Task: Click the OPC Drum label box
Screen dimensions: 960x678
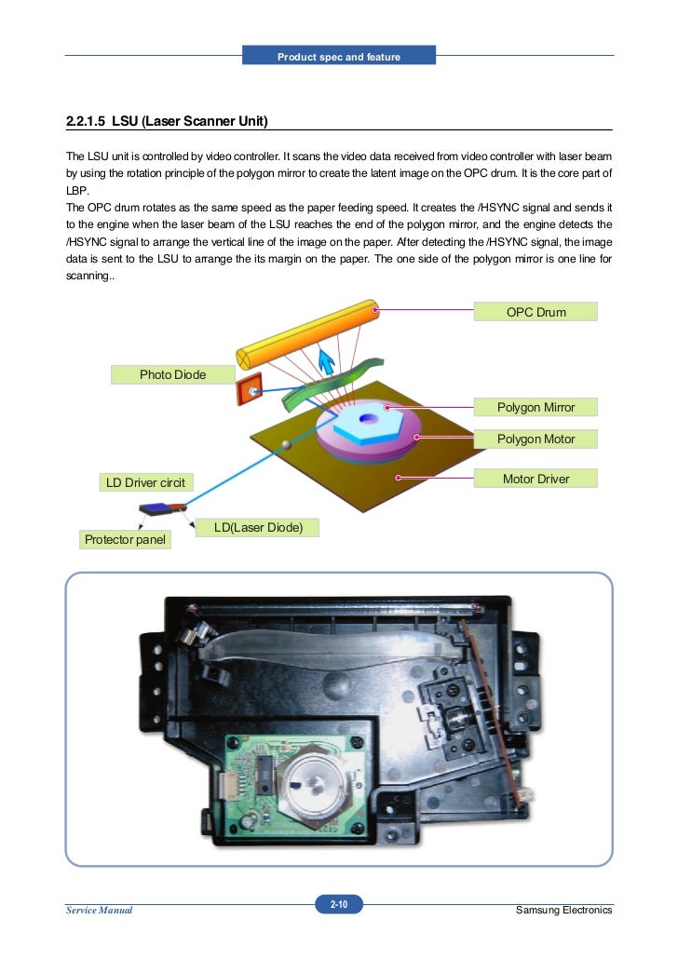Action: pos(536,312)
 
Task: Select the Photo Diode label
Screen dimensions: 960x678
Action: pos(172,374)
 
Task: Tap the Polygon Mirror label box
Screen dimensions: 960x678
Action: pos(536,407)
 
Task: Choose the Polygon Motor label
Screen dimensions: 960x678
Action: pos(536,439)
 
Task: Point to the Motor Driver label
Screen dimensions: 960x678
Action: pos(536,480)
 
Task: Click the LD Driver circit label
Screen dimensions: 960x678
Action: pos(144,482)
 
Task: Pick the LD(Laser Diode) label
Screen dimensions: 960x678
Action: pos(258,528)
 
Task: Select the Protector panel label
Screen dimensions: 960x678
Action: pos(124,539)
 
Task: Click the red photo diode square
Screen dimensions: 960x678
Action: pos(250,391)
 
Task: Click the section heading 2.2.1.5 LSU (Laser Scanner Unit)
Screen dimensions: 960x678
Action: pos(167,121)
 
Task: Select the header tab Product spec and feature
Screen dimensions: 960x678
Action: pos(338,57)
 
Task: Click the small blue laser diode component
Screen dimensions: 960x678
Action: pos(155,507)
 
